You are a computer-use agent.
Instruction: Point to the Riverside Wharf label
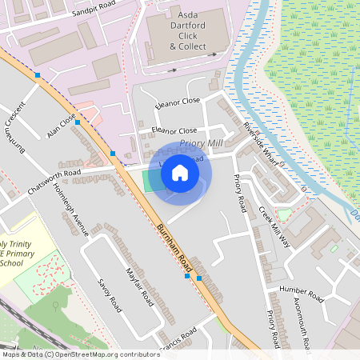point(263,145)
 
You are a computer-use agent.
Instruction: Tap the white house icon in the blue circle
point(180,172)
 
